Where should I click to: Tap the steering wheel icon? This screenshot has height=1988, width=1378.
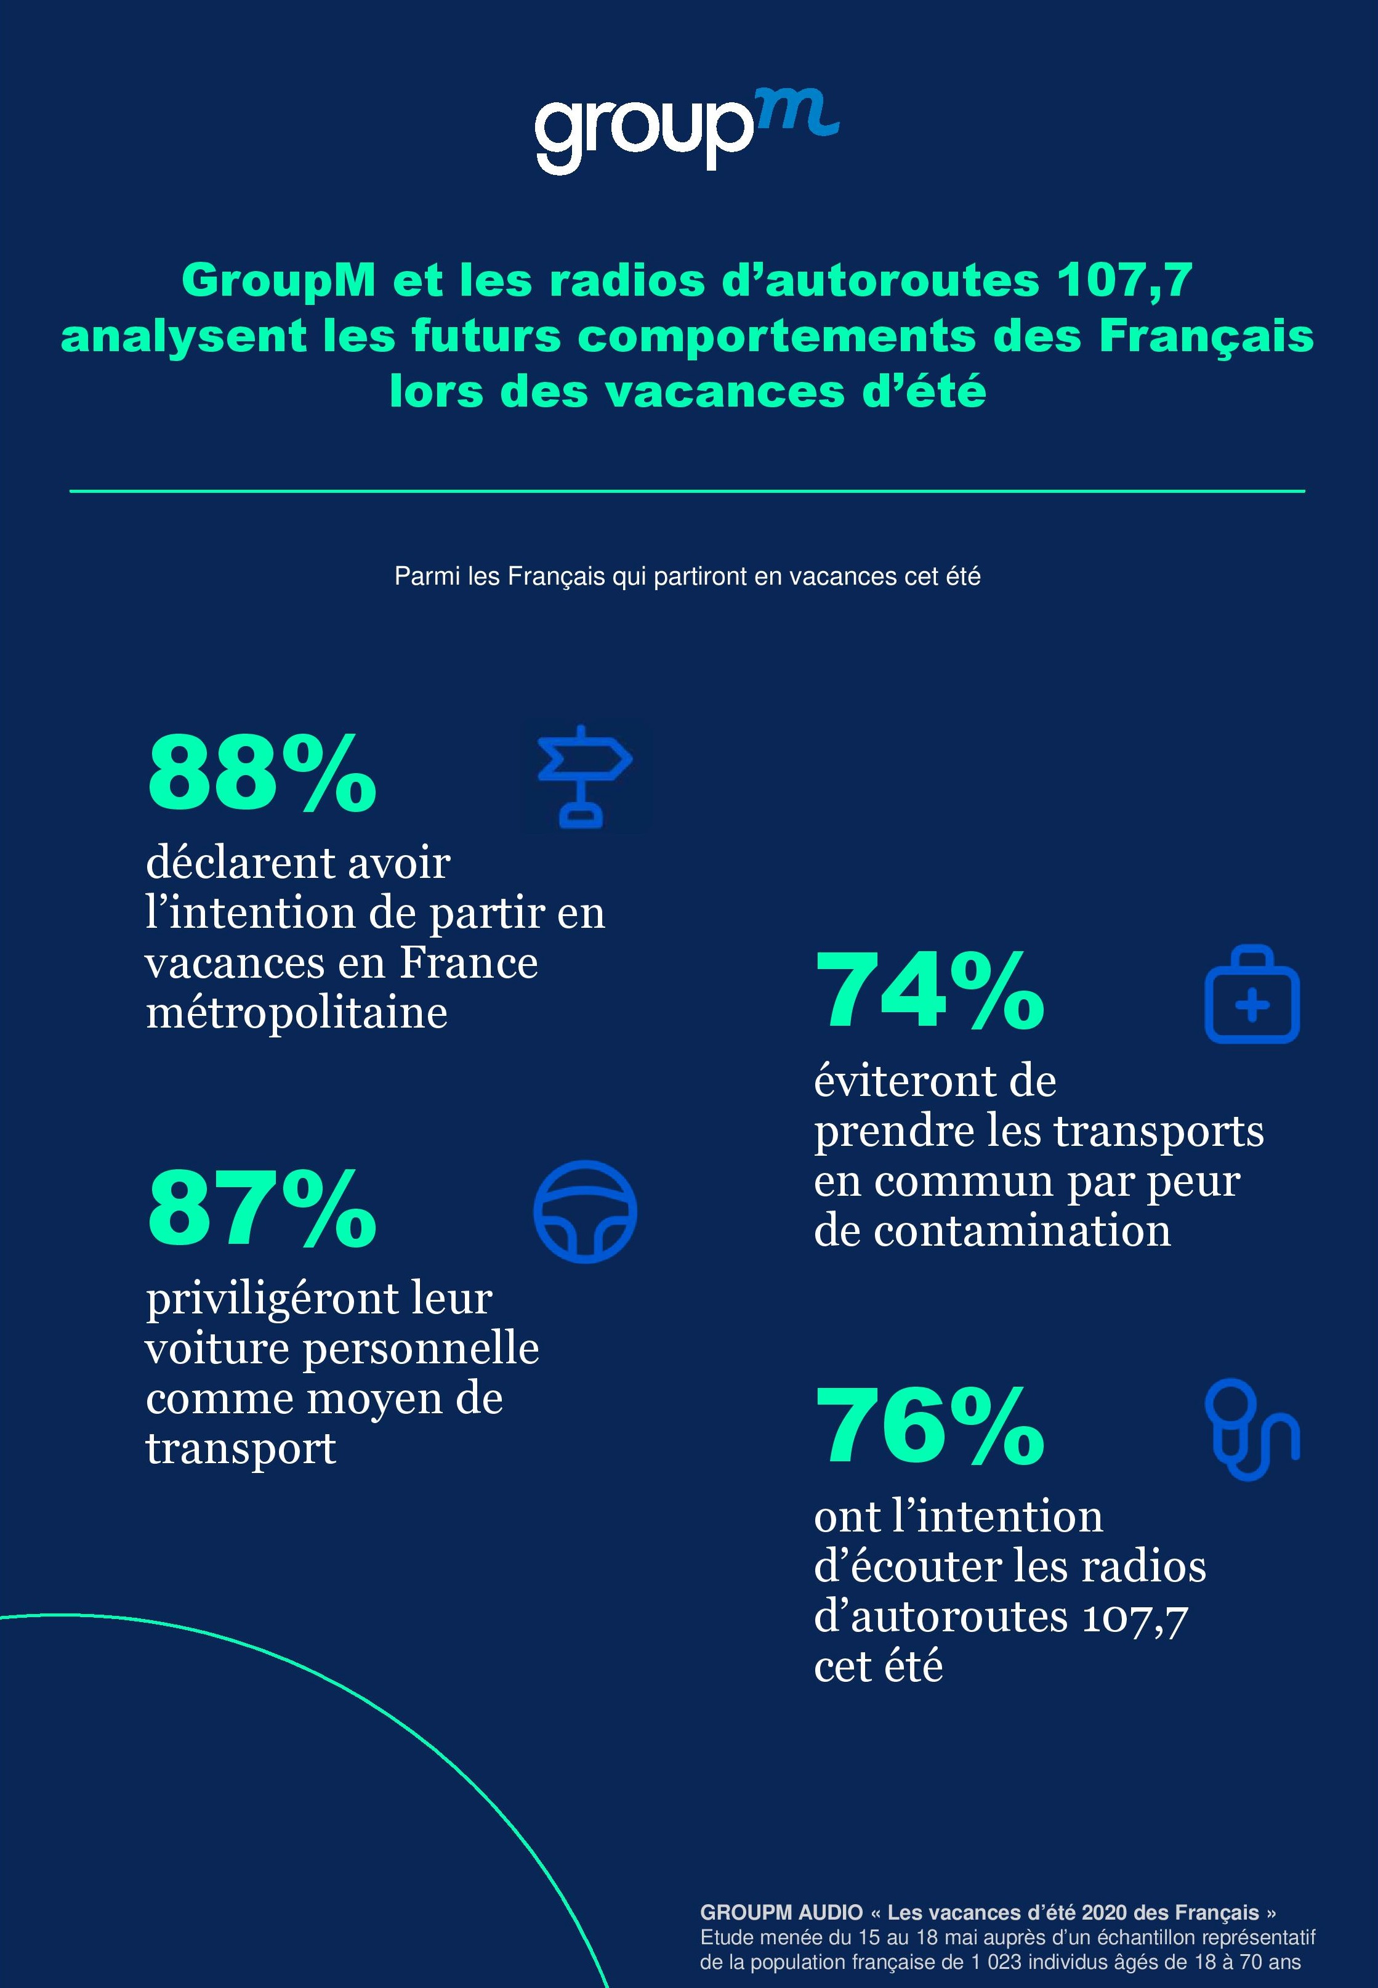584,1211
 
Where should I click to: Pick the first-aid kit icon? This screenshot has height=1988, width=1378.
1251,994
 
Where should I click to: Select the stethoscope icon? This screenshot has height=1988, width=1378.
1251,1429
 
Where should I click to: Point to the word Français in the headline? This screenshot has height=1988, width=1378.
1206,337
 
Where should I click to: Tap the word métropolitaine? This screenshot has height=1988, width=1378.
296,1012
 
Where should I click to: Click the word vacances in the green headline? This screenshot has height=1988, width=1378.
724,392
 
